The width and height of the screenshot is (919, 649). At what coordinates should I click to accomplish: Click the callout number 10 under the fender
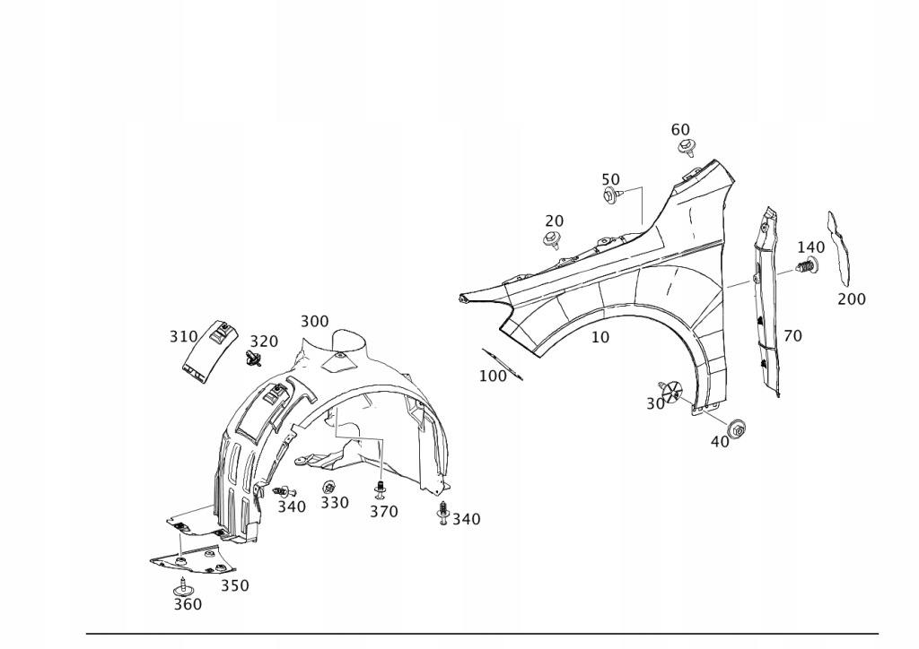pos(600,338)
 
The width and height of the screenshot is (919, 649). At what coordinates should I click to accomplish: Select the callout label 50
pos(610,179)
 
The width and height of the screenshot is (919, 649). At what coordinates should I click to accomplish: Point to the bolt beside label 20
pos(552,239)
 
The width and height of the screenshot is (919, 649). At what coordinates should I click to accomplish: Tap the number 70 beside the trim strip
pos(792,336)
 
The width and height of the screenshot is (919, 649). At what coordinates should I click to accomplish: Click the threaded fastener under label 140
pos(808,266)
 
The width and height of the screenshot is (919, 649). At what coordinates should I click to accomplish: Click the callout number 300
pos(314,321)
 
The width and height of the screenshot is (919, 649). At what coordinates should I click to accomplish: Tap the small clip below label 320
pos(253,360)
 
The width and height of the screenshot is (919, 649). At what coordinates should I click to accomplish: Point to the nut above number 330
pos(328,487)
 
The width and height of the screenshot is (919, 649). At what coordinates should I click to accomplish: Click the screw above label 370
pos(381,490)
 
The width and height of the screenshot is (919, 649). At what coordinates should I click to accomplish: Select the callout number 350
pos(235,585)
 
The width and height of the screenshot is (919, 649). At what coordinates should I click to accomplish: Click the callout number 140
pos(810,247)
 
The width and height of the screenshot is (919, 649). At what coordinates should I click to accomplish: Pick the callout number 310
pos(183,337)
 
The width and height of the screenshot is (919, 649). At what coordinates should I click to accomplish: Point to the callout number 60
pos(680,130)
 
